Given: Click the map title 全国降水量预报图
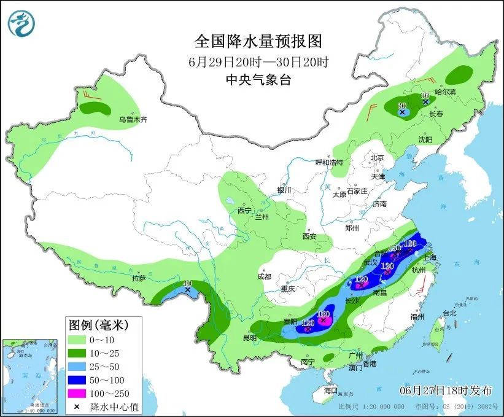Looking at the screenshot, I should click(x=258, y=42).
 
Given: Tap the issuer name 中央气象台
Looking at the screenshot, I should click(x=258, y=80).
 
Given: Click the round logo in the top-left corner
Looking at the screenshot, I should click(x=21, y=23).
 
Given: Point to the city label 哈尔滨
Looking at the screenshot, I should click(x=446, y=92).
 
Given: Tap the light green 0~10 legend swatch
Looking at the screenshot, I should click(x=77, y=340).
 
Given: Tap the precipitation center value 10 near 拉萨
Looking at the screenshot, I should click(x=187, y=284).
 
